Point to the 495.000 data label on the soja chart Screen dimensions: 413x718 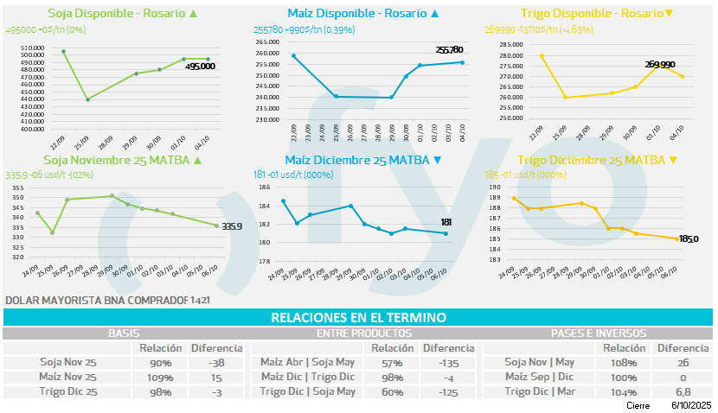200,66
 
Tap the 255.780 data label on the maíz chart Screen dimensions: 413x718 449,50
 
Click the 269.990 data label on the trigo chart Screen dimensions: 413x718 664,64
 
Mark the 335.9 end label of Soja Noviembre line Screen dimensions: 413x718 232,226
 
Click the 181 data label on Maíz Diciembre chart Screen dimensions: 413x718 447,222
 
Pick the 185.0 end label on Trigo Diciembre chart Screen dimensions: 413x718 689,238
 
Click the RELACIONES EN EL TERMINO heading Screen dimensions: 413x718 358,317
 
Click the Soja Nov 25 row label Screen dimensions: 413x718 67,363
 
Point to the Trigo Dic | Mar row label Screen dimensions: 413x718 539,391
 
